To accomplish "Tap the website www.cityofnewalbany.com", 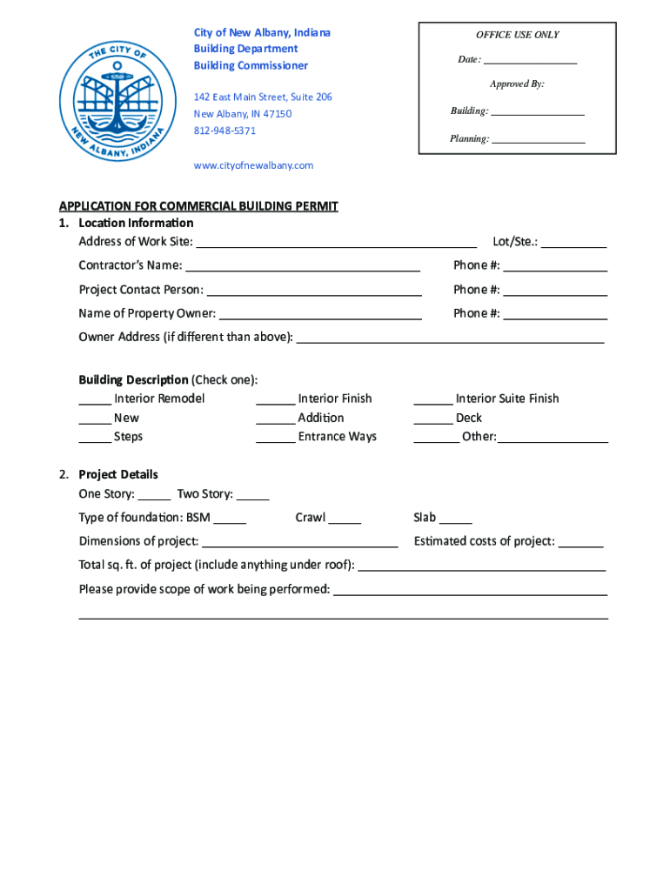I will (x=253, y=165).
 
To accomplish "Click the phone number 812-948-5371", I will (x=224, y=131).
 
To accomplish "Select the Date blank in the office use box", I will (x=530, y=60).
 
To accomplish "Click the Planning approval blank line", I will (x=538, y=139).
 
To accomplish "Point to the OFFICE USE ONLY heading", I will (x=517, y=35).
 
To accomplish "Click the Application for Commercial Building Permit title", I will (x=198, y=206).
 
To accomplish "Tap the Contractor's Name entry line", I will (x=303, y=266).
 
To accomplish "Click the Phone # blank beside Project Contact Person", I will (x=554, y=291).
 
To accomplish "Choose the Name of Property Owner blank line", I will (x=320, y=314).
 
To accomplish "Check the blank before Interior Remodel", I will (x=95, y=400).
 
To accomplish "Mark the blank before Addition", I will (x=275, y=419).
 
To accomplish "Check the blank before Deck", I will (x=432, y=419).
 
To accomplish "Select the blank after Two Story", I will (x=252, y=495).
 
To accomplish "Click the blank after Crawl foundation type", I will (x=345, y=519).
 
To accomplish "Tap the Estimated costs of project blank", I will (x=580, y=543).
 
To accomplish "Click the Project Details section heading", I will (x=118, y=474).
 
